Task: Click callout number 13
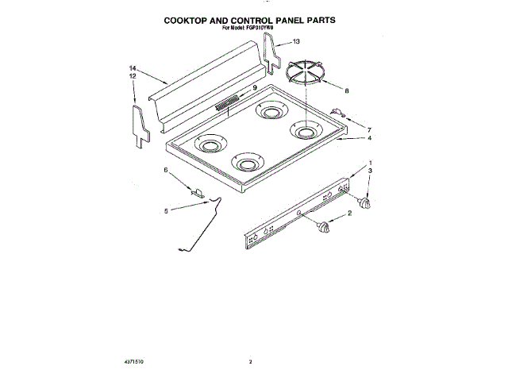pyautogui.click(x=297, y=41)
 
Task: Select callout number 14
pyautogui.click(x=133, y=70)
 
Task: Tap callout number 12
pyautogui.click(x=133, y=76)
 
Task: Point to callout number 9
pyautogui.click(x=255, y=88)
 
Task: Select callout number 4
pyautogui.click(x=369, y=138)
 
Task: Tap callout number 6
pyautogui.click(x=166, y=170)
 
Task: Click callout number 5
pyautogui.click(x=166, y=211)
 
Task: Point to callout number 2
pyautogui.click(x=350, y=215)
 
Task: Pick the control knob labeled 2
pyautogui.click(x=322, y=229)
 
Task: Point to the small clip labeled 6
pyautogui.click(x=197, y=191)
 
